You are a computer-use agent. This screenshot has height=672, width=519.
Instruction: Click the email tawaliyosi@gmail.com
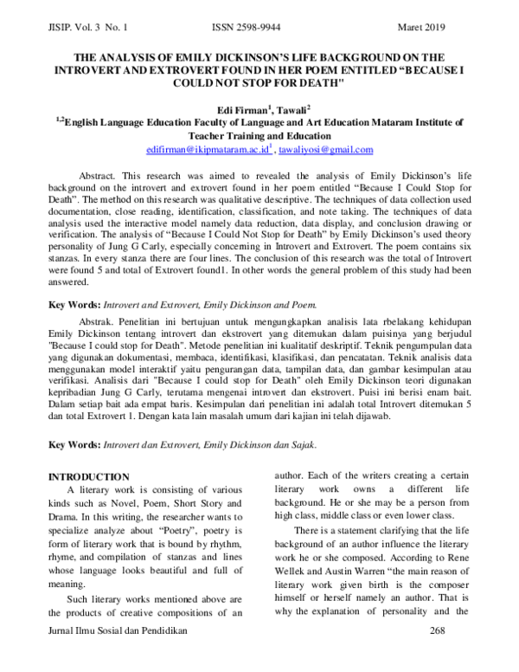coord(325,150)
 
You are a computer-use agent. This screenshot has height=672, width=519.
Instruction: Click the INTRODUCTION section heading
coord(88,477)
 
